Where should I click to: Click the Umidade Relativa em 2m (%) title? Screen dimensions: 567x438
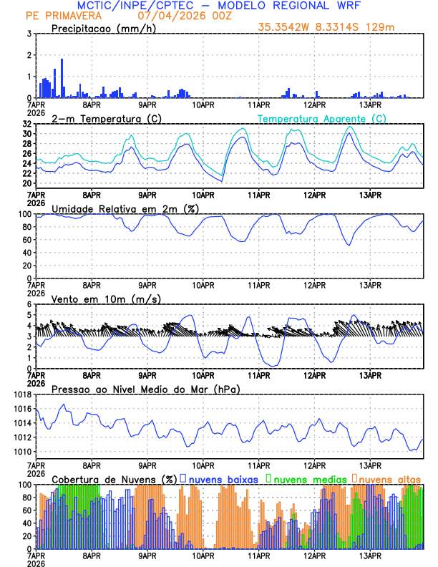click(x=125, y=208)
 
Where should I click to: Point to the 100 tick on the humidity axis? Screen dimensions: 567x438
click(x=24, y=213)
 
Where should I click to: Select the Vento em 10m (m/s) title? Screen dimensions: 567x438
click(x=106, y=299)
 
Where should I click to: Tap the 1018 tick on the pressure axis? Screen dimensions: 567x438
click(x=21, y=394)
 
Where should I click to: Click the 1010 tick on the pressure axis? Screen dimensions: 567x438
click(x=21, y=452)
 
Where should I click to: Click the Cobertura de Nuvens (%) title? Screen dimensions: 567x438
click(x=114, y=479)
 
